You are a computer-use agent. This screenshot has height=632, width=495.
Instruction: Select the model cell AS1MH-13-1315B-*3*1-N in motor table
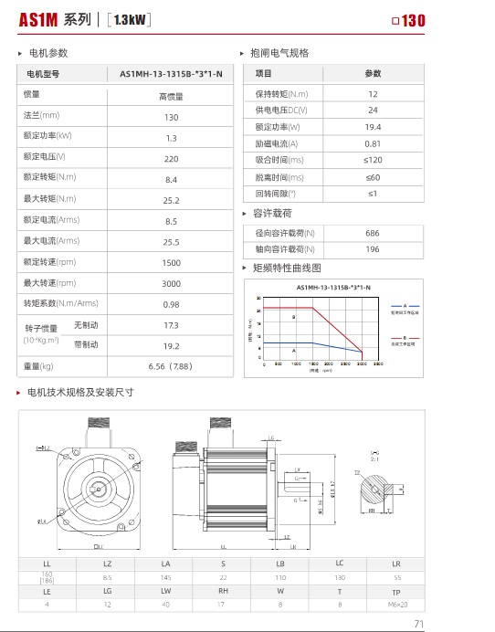click(x=171, y=74)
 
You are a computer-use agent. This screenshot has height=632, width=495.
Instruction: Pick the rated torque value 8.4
click(x=171, y=180)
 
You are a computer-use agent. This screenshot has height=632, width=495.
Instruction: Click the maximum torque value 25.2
click(x=171, y=200)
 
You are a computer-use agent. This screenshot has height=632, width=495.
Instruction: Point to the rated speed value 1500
click(x=171, y=262)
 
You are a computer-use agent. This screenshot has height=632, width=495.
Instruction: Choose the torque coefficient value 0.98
click(x=171, y=304)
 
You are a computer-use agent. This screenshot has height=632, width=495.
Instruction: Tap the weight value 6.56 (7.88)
click(x=171, y=367)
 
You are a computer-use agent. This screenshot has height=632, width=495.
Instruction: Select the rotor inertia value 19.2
click(x=171, y=346)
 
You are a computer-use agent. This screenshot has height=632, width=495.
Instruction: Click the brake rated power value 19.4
click(x=373, y=127)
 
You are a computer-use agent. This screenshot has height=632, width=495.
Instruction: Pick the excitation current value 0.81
click(x=373, y=143)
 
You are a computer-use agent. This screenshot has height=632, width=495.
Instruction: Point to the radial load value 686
click(x=373, y=233)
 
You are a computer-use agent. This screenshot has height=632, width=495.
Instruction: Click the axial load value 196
click(x=373, y=249)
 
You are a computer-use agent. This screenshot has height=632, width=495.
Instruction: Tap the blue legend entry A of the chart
click(x=403, y=308)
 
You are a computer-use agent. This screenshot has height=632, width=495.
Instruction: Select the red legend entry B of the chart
click(x=403, y=340)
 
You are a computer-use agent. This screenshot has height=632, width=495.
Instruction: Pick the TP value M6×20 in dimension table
click(x=395, y=604)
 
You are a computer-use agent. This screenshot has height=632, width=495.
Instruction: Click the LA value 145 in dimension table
click(x=165, y=577)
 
